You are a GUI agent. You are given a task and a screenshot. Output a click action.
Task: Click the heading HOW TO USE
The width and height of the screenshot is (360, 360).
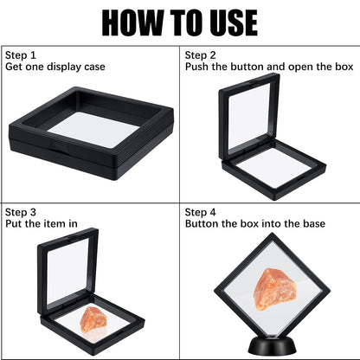click(x=179, y=22)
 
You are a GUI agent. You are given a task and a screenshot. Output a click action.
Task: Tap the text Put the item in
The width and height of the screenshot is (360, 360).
click(x=42, y=223)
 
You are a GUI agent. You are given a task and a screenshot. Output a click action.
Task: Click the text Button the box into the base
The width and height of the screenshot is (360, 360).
click(x=254, y=223)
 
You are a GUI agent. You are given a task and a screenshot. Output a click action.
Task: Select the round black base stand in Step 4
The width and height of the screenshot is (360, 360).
click(x=272, y=340)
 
